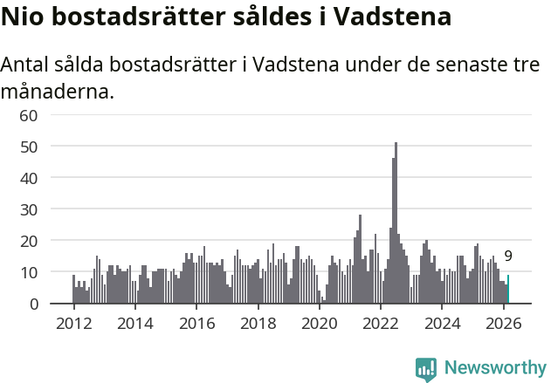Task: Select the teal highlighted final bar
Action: (508, 290)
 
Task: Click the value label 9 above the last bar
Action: (508, 256)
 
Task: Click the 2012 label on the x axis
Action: (73, 324)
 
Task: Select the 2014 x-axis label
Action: (134, 324)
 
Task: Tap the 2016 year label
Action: (196, 324)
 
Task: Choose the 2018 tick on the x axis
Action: (258, 324)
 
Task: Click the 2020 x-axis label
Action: (320, 324)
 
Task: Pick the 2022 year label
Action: (381, 324)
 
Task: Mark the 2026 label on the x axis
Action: (504, 324)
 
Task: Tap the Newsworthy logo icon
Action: (426, 368)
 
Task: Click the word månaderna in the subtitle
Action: (58, 91)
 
